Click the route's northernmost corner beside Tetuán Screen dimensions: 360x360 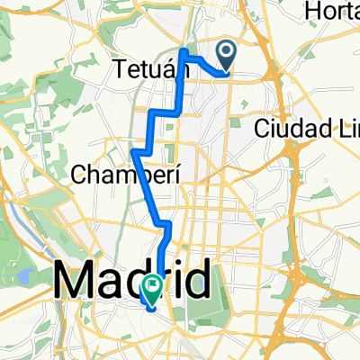(x=185, y=53)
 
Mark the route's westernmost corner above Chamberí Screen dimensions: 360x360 (x=133, y=151)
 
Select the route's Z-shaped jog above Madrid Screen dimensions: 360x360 (x=164, y=223)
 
